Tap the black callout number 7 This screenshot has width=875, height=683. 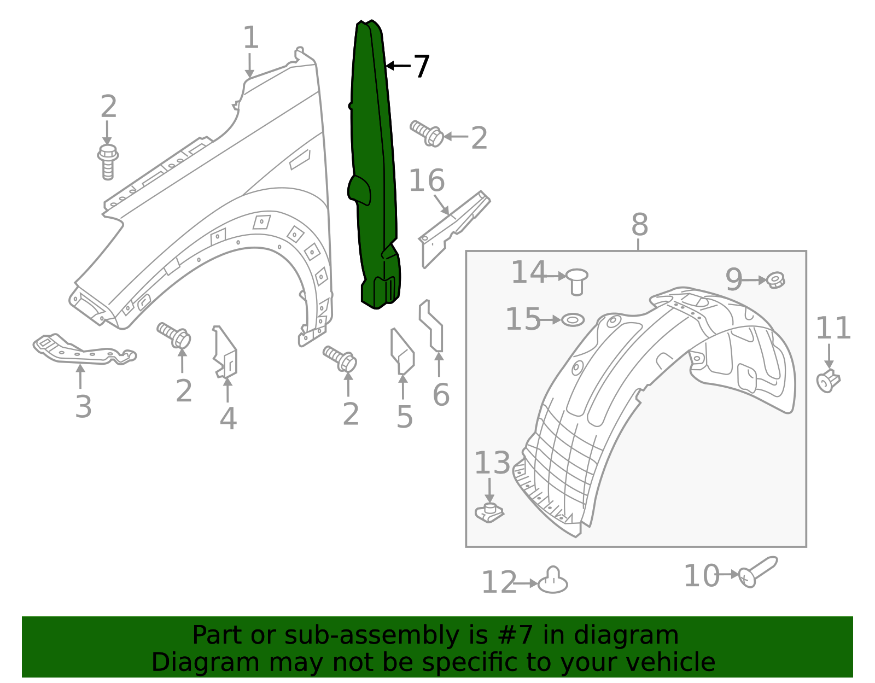click(x=421, y=67)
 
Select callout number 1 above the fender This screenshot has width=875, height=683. click(x=250, y=38)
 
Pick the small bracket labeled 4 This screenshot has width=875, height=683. click(x=226, y=353)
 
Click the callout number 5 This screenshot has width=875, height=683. click(x=404, y=417)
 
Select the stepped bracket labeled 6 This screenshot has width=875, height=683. click(x=432, y=326)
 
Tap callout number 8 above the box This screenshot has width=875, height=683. click(x=639, y=225)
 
